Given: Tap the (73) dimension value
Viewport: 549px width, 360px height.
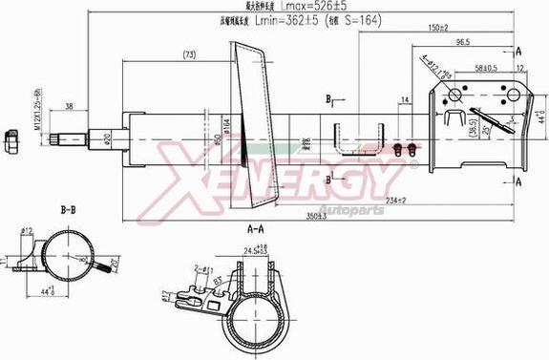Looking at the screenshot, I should tap(189, 54).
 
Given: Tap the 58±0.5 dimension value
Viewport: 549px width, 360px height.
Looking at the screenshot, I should tap(484, 68).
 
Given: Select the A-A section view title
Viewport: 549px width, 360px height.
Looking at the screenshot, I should tap(254, 229).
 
